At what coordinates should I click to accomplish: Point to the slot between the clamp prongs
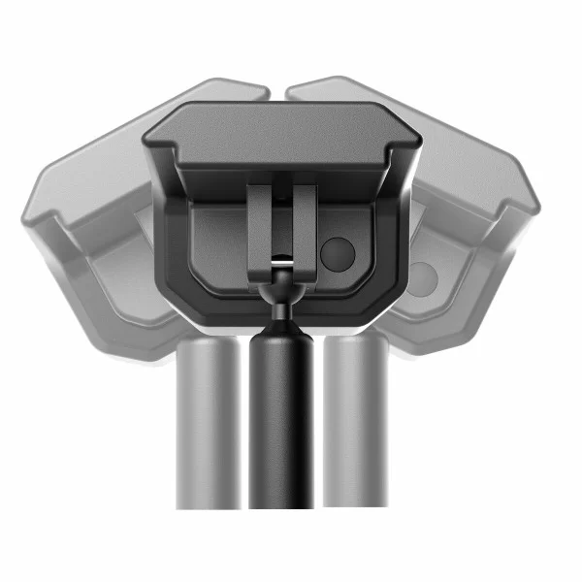point(281,218)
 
